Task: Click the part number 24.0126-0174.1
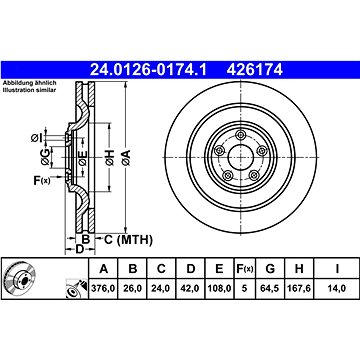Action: click(149, 70)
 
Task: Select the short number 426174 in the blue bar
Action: click(255, 70)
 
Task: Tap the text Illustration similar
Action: click(29, 90)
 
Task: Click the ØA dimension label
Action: click(126, 158)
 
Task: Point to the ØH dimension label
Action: click(109, 158)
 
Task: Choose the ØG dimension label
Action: click(45, 157)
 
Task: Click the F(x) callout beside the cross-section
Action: click(42, 181)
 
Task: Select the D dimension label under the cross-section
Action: click(79, 249)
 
